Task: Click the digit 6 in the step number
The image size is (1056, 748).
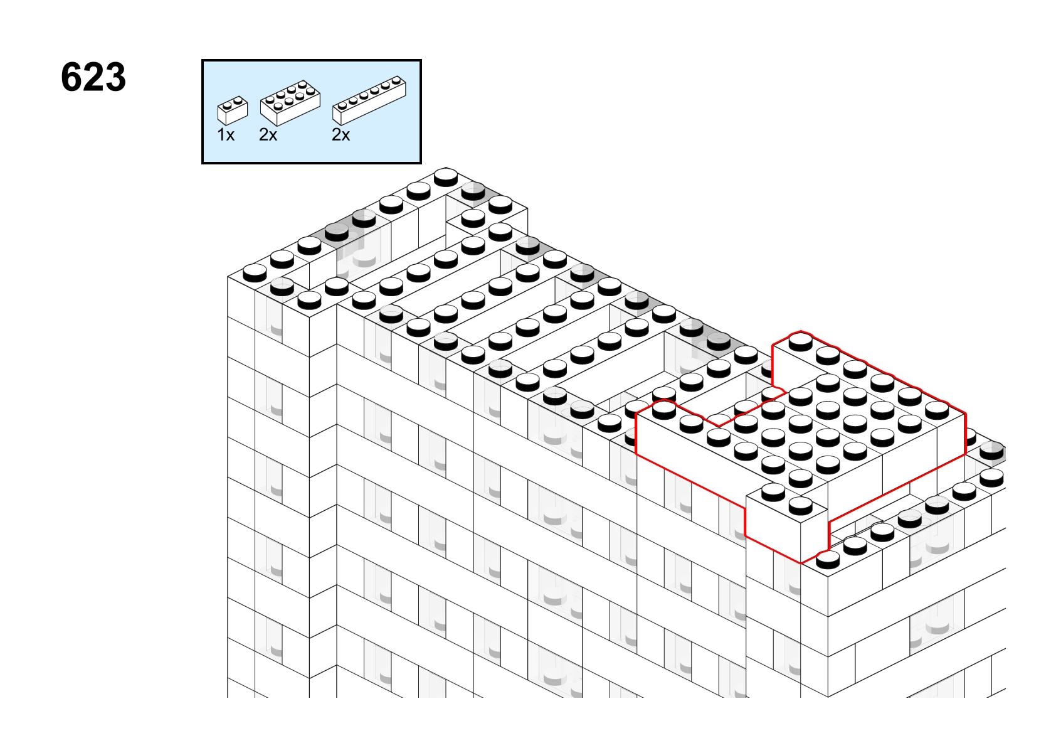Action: pos(71,77)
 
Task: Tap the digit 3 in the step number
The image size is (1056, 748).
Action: pos(115,77)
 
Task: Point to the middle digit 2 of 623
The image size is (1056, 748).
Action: pos(93,77)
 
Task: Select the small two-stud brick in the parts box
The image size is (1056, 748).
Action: pos(233,110)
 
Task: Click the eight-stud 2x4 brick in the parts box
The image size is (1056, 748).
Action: pos(290,103)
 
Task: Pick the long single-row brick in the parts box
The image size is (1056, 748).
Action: pos(369,100)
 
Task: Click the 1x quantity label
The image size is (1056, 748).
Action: pos(226,136)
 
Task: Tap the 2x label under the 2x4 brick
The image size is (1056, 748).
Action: pos(268,136)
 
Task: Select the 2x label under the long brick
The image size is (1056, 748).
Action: pos(341,136)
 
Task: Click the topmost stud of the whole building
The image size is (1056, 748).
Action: pos(446,177)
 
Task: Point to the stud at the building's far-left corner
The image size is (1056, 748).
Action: pos(255,272)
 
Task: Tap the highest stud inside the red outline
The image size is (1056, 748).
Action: pos(801,341)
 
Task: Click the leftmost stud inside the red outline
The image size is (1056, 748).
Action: pos(664,409)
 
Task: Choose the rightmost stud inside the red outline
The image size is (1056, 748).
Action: pos(937,410)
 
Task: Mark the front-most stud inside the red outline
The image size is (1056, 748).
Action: pos(801,506)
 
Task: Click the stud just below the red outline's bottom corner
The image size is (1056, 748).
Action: pos(828,559)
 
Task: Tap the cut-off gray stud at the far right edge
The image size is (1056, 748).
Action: pos(993,451)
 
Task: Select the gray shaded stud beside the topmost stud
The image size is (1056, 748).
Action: pos(473,191)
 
